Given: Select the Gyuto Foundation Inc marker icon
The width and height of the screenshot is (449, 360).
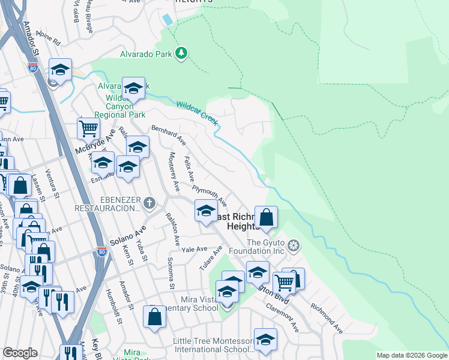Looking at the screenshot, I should pyautogui.click(x=294, y=245).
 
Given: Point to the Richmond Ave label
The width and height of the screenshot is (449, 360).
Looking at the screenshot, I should pyautogui.click(x=327, y=318).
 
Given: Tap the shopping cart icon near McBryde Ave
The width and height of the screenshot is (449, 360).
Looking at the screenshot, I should pyautogui.click(x=88, y=128).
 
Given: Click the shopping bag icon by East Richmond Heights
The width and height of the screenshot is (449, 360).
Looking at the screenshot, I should pyautogui.click(x=266, y=217).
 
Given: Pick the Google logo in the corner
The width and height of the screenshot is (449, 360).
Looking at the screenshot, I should pyautogui.click(x=20, y=353).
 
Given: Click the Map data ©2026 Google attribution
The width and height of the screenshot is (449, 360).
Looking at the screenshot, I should pyautogui.click(x=411, y=355).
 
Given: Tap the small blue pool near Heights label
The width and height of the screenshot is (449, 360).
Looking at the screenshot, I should pyautogui.click(x=167, y=19).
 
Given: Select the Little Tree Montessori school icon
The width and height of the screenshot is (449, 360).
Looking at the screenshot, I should pyautogui.click(x=265, y=340).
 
